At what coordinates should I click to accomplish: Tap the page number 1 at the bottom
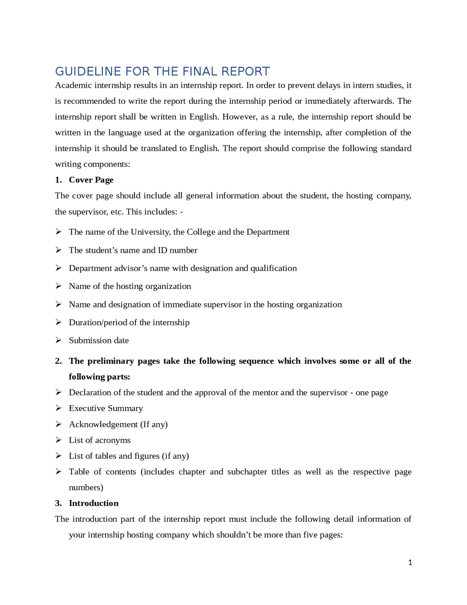tap(410, 563)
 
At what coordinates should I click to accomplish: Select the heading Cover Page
tap(91, 180)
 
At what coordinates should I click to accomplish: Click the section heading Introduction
tap(93, 503)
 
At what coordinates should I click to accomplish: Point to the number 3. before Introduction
tap(58, 503)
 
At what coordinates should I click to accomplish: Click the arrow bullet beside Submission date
tap(58, 340)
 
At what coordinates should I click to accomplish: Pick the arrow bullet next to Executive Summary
tap(58, 408)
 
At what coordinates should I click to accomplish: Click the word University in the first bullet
tap(150, 232)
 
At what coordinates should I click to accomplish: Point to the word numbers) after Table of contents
tap(86, 487)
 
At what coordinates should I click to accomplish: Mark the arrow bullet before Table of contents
tap(58, 472)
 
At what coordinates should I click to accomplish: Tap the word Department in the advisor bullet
tap(89, 268)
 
